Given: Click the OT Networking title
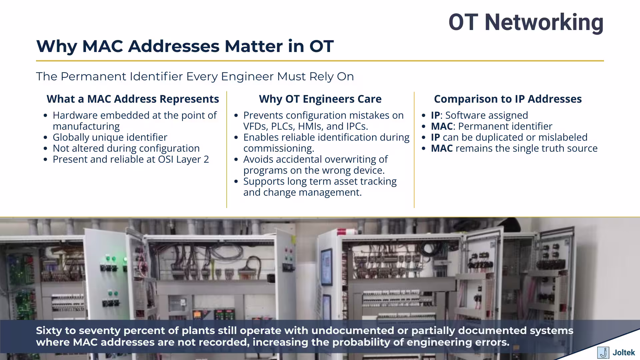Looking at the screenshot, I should [526, 22].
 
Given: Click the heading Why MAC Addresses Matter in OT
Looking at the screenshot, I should [185, 46].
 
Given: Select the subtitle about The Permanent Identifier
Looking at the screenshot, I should [195, 76].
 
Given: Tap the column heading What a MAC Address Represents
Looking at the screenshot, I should [133, 99].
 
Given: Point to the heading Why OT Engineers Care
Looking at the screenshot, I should [320, 99].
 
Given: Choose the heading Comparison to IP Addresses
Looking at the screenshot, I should [508, 99].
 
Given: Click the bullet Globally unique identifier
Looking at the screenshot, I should [110, 137].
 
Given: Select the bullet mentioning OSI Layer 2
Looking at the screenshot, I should [131, 159].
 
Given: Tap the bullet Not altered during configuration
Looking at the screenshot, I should [126, 148].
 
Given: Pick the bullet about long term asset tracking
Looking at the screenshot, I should [320, 181].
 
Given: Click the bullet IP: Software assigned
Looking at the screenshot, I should [479, 115].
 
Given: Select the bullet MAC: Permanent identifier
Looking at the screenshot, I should [491, 126].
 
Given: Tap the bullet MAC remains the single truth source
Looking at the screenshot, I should [514, 148].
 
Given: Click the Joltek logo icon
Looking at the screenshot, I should [603, 353].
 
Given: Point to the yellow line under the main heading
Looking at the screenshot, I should [320, 61].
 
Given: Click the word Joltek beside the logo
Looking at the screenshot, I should [623, 353].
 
